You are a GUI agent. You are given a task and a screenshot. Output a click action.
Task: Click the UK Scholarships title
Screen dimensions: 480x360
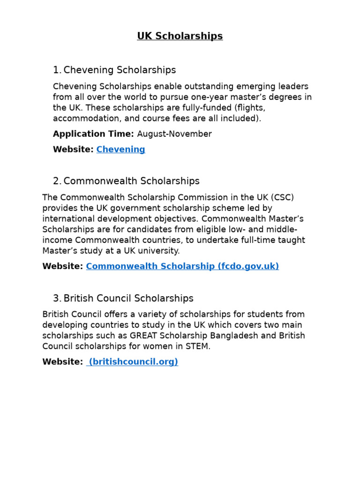click(x=180, y=36)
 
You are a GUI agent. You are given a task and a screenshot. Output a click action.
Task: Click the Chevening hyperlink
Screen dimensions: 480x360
click(x=121, y=150)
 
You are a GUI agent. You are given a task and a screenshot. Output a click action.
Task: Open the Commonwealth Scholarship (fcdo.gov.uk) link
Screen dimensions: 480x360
click(x=182, y=266)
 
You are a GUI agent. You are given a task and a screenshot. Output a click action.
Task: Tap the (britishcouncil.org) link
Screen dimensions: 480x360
click(x=133, y=362)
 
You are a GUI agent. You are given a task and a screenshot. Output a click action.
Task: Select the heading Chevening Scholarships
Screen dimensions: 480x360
click(x=120, y=70)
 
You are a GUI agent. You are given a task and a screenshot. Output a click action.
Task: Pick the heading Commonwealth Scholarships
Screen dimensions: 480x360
click(x=131, y=181)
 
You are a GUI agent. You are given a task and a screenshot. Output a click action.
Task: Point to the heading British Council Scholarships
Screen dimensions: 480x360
click(x=128, y=299)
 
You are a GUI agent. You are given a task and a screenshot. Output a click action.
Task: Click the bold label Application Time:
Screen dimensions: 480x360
click(x=93, y=134)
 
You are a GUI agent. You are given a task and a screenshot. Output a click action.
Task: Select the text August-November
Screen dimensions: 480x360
click(x=174, y=134)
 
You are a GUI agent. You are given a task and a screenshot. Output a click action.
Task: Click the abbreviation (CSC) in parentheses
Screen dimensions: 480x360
click(x=280, y=197)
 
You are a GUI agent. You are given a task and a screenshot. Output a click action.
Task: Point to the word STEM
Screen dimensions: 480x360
click(x=198, y=347)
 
